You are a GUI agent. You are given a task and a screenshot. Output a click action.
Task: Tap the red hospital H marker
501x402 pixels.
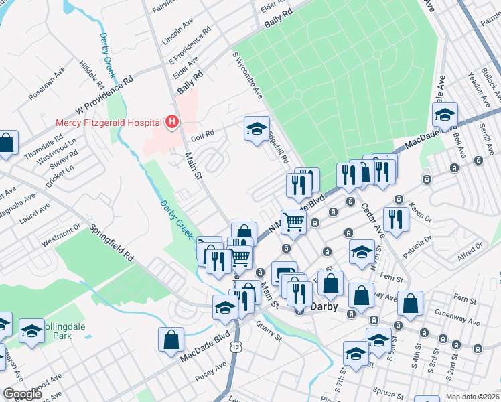tap(172, 122)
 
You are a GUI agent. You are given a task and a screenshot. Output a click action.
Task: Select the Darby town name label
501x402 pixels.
tap(326, 308)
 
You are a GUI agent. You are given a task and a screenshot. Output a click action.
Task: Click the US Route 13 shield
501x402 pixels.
tap(234, 346)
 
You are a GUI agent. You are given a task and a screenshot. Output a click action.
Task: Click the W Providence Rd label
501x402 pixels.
tap(105, 94)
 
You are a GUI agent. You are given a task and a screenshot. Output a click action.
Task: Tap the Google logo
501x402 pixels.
tap(21, 394)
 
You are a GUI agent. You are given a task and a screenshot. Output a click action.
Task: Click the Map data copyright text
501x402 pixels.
tap(473, 396)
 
